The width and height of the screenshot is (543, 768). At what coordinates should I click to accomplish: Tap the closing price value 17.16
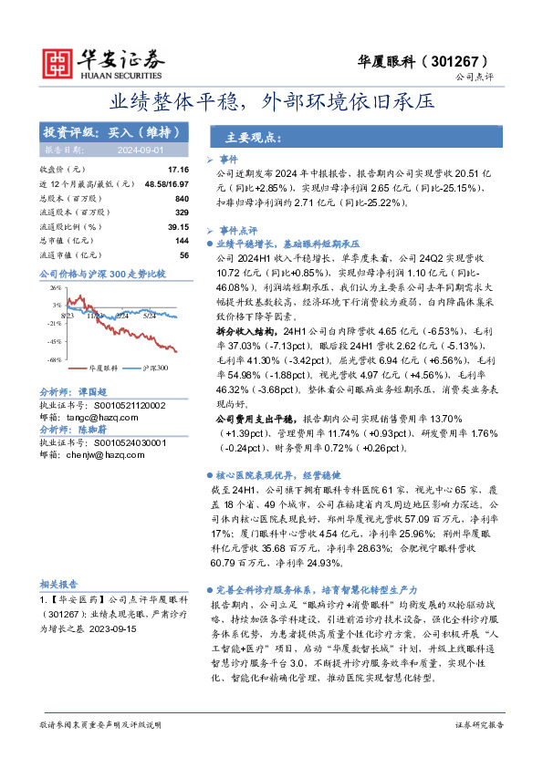178,170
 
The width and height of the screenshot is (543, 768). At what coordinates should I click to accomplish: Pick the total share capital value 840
181,198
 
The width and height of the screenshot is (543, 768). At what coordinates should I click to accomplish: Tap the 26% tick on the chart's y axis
56,287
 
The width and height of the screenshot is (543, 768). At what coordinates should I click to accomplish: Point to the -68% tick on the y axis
55,359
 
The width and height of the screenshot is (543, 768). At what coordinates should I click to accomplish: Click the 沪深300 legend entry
155,368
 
